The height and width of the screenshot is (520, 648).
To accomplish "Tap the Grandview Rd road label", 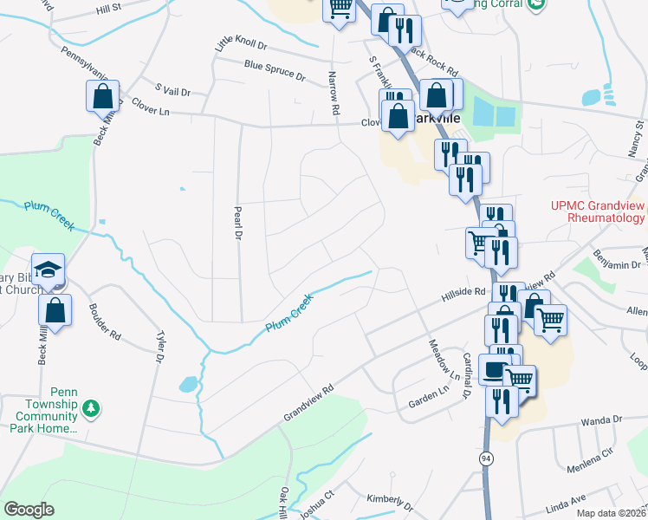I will [x=308, y=404].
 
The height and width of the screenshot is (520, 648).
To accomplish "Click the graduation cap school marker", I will [x=49, y=268].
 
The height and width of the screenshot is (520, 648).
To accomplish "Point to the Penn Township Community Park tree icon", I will [x=89, y=406].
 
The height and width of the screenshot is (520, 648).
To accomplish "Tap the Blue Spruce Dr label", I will [x=275, y=70].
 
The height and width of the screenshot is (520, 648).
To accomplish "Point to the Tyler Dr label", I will [x=160, y=346].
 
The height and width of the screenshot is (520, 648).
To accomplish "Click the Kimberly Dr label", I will [x=389, y=500].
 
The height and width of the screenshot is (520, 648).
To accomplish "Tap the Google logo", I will [x=29, y=510].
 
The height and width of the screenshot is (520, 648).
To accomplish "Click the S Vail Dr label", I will [x=172, y=89].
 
